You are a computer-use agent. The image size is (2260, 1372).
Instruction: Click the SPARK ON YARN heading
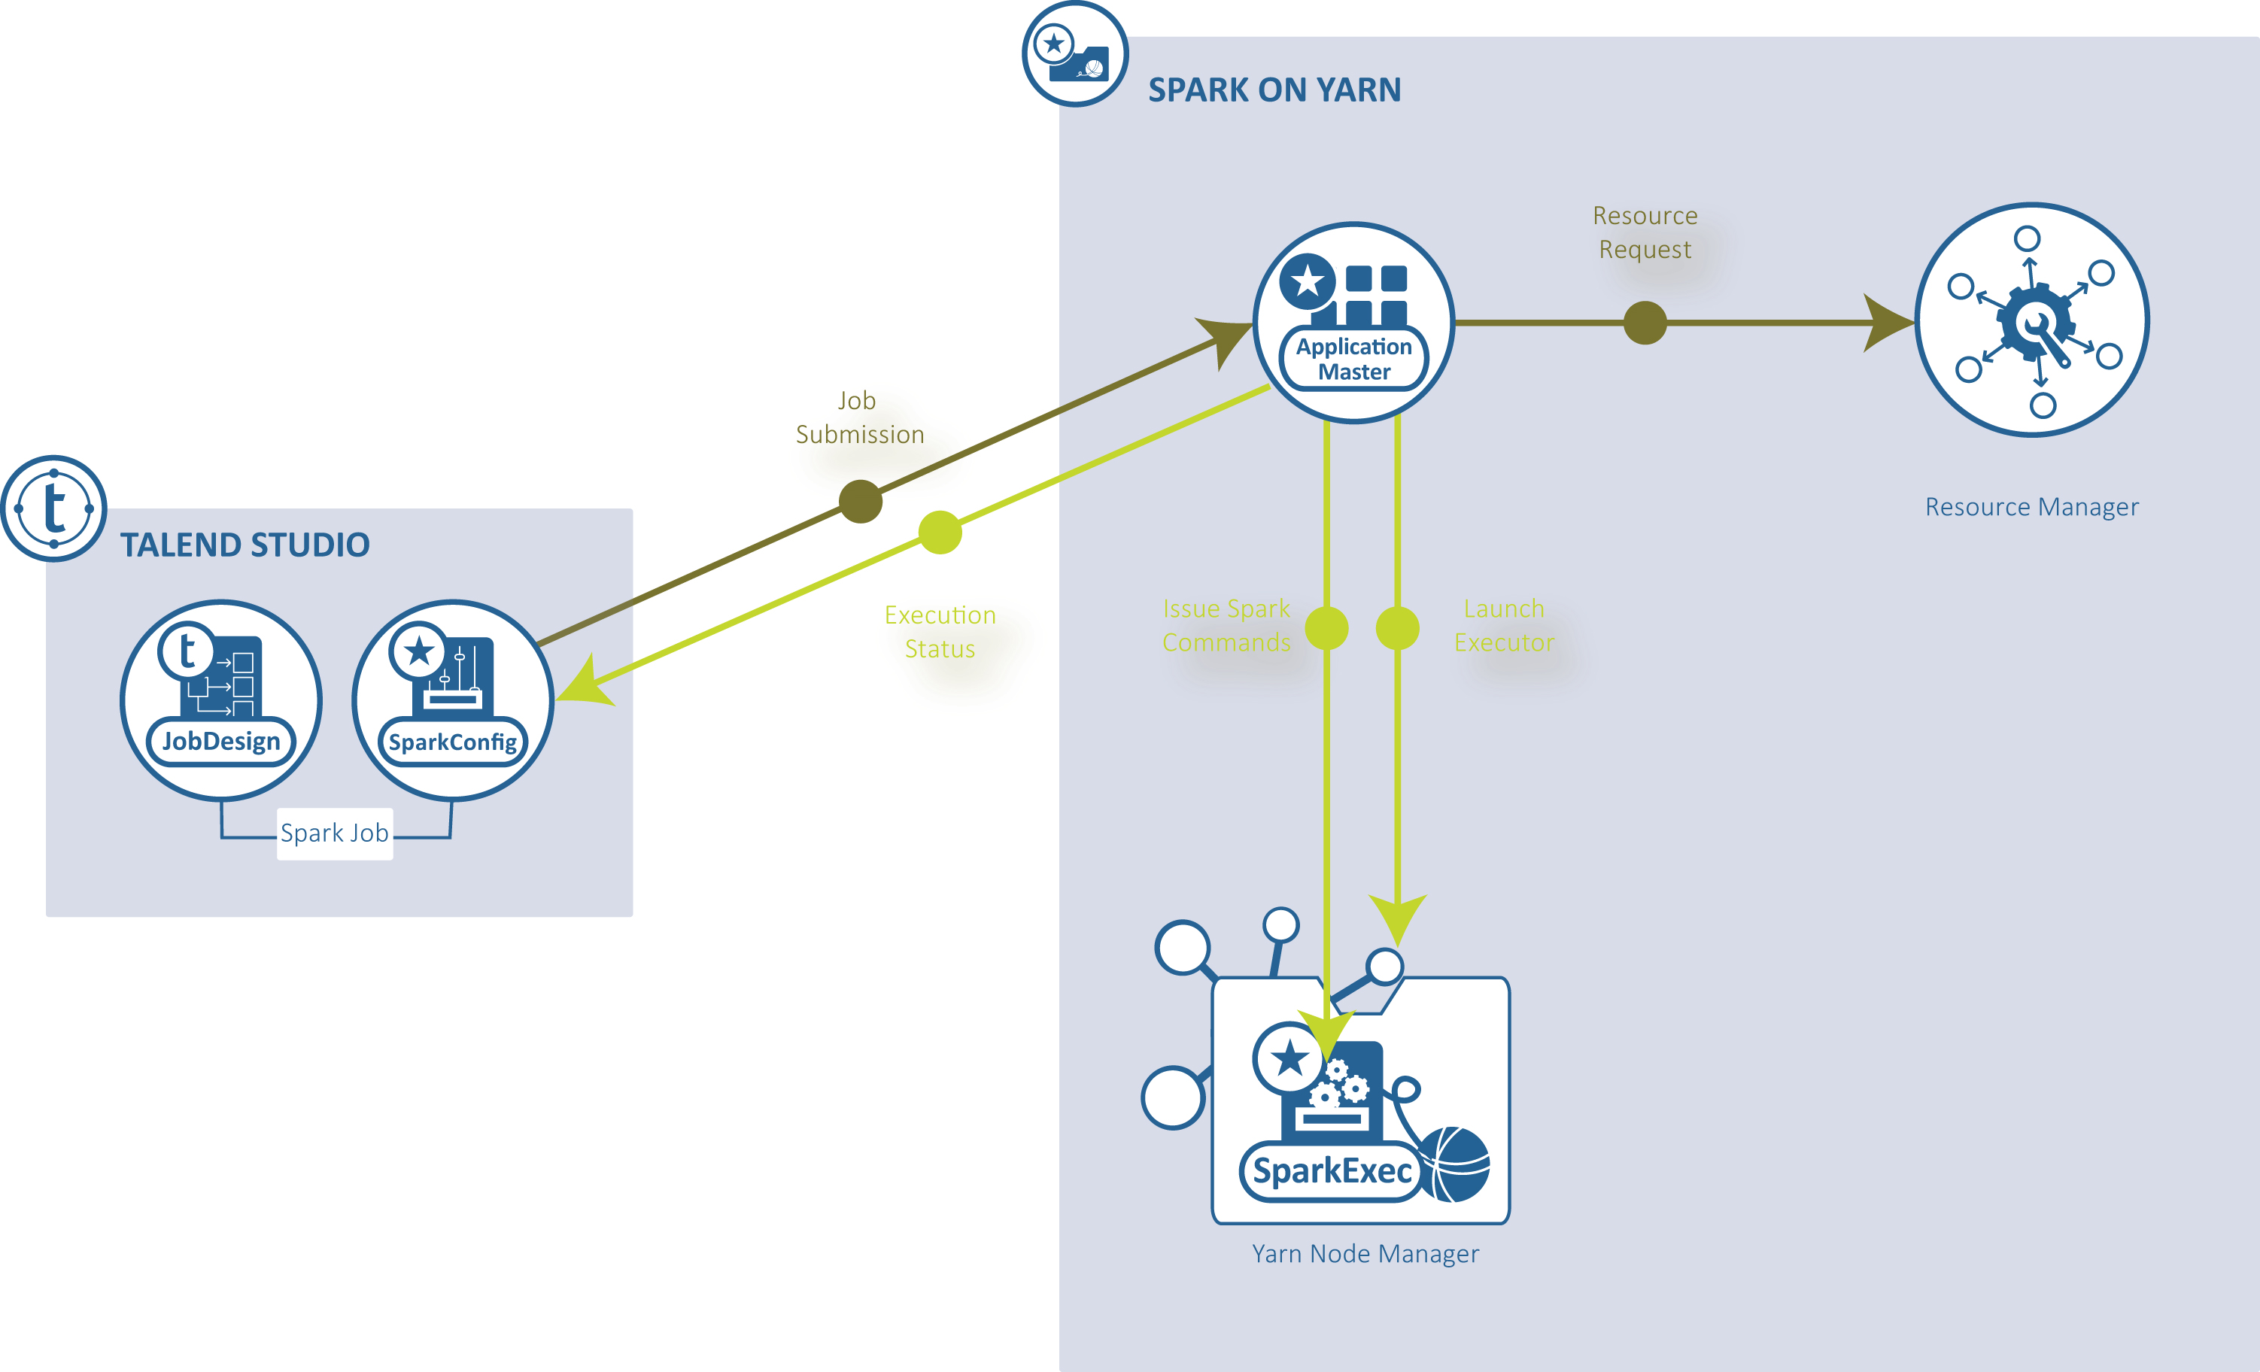point(1274,90)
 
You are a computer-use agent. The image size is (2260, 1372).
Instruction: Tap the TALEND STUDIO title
point(245,545)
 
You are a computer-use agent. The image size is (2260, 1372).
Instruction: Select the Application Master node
point(1353,323)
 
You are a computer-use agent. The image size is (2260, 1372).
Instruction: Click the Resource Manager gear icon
point(2031,321)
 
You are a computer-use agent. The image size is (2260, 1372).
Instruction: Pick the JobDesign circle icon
point(221,701)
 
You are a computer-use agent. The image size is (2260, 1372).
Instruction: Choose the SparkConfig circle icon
point(452,701)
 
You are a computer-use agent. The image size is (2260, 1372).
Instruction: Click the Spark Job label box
point(335,833)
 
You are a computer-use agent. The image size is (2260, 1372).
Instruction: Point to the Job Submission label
point(859,417)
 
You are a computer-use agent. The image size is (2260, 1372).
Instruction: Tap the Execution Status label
point(940,632)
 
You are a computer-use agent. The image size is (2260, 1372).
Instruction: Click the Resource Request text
point(1645,232)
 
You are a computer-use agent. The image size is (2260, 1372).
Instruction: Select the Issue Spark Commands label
point(1226,626)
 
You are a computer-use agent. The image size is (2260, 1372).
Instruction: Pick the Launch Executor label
point(1503,626)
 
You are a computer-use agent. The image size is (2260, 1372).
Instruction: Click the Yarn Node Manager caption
point(1365,1254)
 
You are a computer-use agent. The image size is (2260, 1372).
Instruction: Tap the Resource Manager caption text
point(2031,507)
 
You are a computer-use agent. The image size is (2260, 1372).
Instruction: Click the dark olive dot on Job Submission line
point(861,501)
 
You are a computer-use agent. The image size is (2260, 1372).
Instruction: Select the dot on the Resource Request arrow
point(1645,323)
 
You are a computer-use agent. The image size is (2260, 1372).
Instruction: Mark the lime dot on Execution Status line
point(940,532)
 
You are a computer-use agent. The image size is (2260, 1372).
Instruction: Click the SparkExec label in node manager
point(1332,1171)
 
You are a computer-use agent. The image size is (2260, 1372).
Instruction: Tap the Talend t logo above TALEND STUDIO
point(54,508)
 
